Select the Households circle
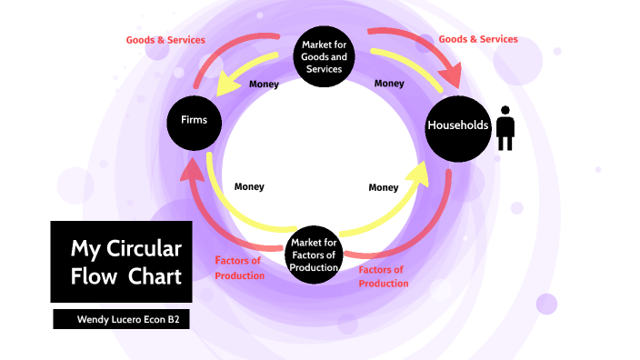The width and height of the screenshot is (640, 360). coord(459,125)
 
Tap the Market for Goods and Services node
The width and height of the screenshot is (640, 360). coord(325,55)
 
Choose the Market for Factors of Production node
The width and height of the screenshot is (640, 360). coord(315,255)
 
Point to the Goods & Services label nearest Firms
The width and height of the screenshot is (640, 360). coord(165,40)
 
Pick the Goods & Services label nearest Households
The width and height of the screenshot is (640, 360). coord(478,39)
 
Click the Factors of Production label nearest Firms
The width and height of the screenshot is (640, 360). coord(239,268)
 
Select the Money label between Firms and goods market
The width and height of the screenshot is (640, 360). coord(264,84)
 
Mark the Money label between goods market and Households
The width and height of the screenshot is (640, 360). coord(389,84)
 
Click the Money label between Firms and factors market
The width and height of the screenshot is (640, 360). coord(249,186)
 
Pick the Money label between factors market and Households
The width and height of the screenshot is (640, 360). coord(384,187)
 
